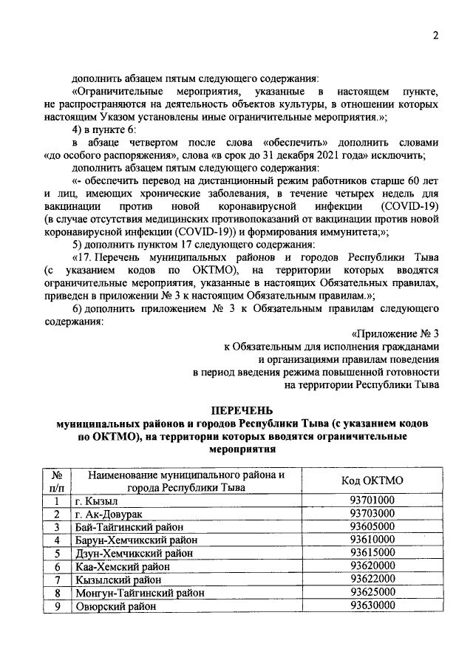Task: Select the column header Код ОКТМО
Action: coord(372,480)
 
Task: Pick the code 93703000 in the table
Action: coord(372,513)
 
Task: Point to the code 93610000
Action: coord(372,540)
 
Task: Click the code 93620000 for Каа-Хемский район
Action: coord(372,566)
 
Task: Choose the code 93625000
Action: coord(372,593)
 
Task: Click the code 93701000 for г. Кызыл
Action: coord(372,500)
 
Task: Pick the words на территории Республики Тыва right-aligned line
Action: coord(362,385)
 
